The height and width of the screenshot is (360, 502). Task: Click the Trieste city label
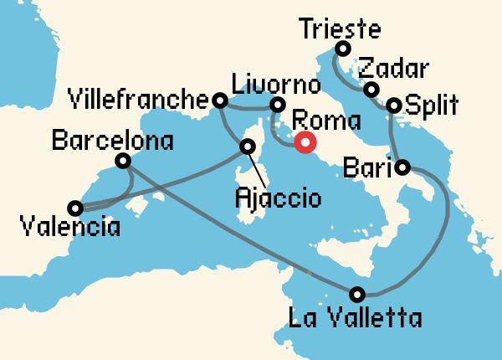click(x=339, y=30)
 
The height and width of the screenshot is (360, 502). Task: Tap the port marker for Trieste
click(x=341, y=49)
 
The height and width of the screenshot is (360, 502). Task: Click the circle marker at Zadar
click(x=371, y=90)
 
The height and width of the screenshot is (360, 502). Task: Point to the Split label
click(x=431, y=106)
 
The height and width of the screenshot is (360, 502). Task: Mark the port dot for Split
click(x=394, y=106)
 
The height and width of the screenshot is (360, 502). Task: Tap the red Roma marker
click(x=305, y=141)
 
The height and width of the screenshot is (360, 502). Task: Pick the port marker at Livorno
click(x=276, y=105)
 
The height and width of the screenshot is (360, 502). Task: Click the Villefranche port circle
click(x=220, y=100)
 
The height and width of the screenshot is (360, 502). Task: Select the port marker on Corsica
click(x=248, y=147)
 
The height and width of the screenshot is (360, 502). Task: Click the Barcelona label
click(x=112, y=139)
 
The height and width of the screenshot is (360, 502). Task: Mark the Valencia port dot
click(x=75, y=208)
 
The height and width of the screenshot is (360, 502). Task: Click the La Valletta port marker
click(x=358, y=294)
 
